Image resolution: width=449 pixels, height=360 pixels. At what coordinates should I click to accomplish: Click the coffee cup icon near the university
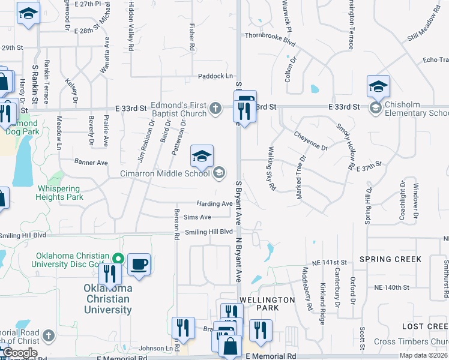(x=139, y=265)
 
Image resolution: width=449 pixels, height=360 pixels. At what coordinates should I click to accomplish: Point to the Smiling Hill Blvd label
(x=208, y=232)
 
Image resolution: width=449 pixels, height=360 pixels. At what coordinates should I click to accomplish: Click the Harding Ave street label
(x=214, y=204)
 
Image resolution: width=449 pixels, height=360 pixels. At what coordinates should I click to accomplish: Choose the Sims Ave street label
(x=197, y=217)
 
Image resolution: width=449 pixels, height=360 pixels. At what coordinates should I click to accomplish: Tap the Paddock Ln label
(x=215, y=76)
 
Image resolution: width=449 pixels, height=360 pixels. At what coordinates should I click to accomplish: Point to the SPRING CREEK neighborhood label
(x=390, y=259)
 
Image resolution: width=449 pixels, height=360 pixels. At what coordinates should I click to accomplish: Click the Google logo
(x=19, y=353)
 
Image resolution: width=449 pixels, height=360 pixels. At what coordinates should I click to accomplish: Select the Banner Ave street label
(x=91, y=162)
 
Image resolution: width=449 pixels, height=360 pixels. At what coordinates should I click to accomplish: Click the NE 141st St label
(x=329, y=263)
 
